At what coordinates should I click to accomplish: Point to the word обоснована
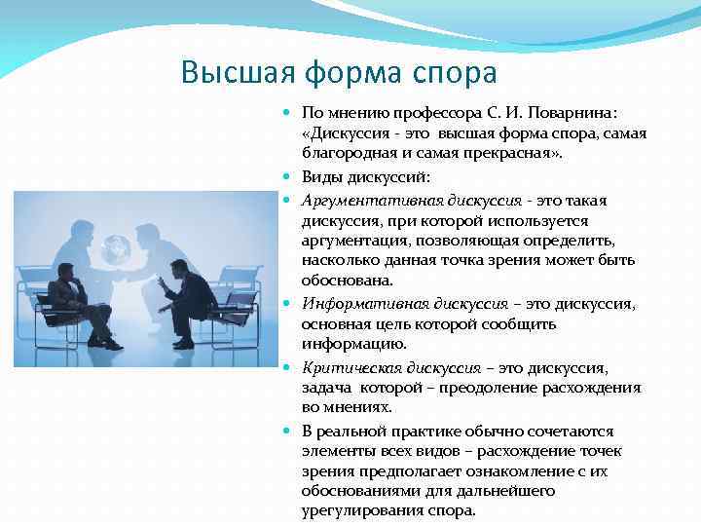coord(345,281)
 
